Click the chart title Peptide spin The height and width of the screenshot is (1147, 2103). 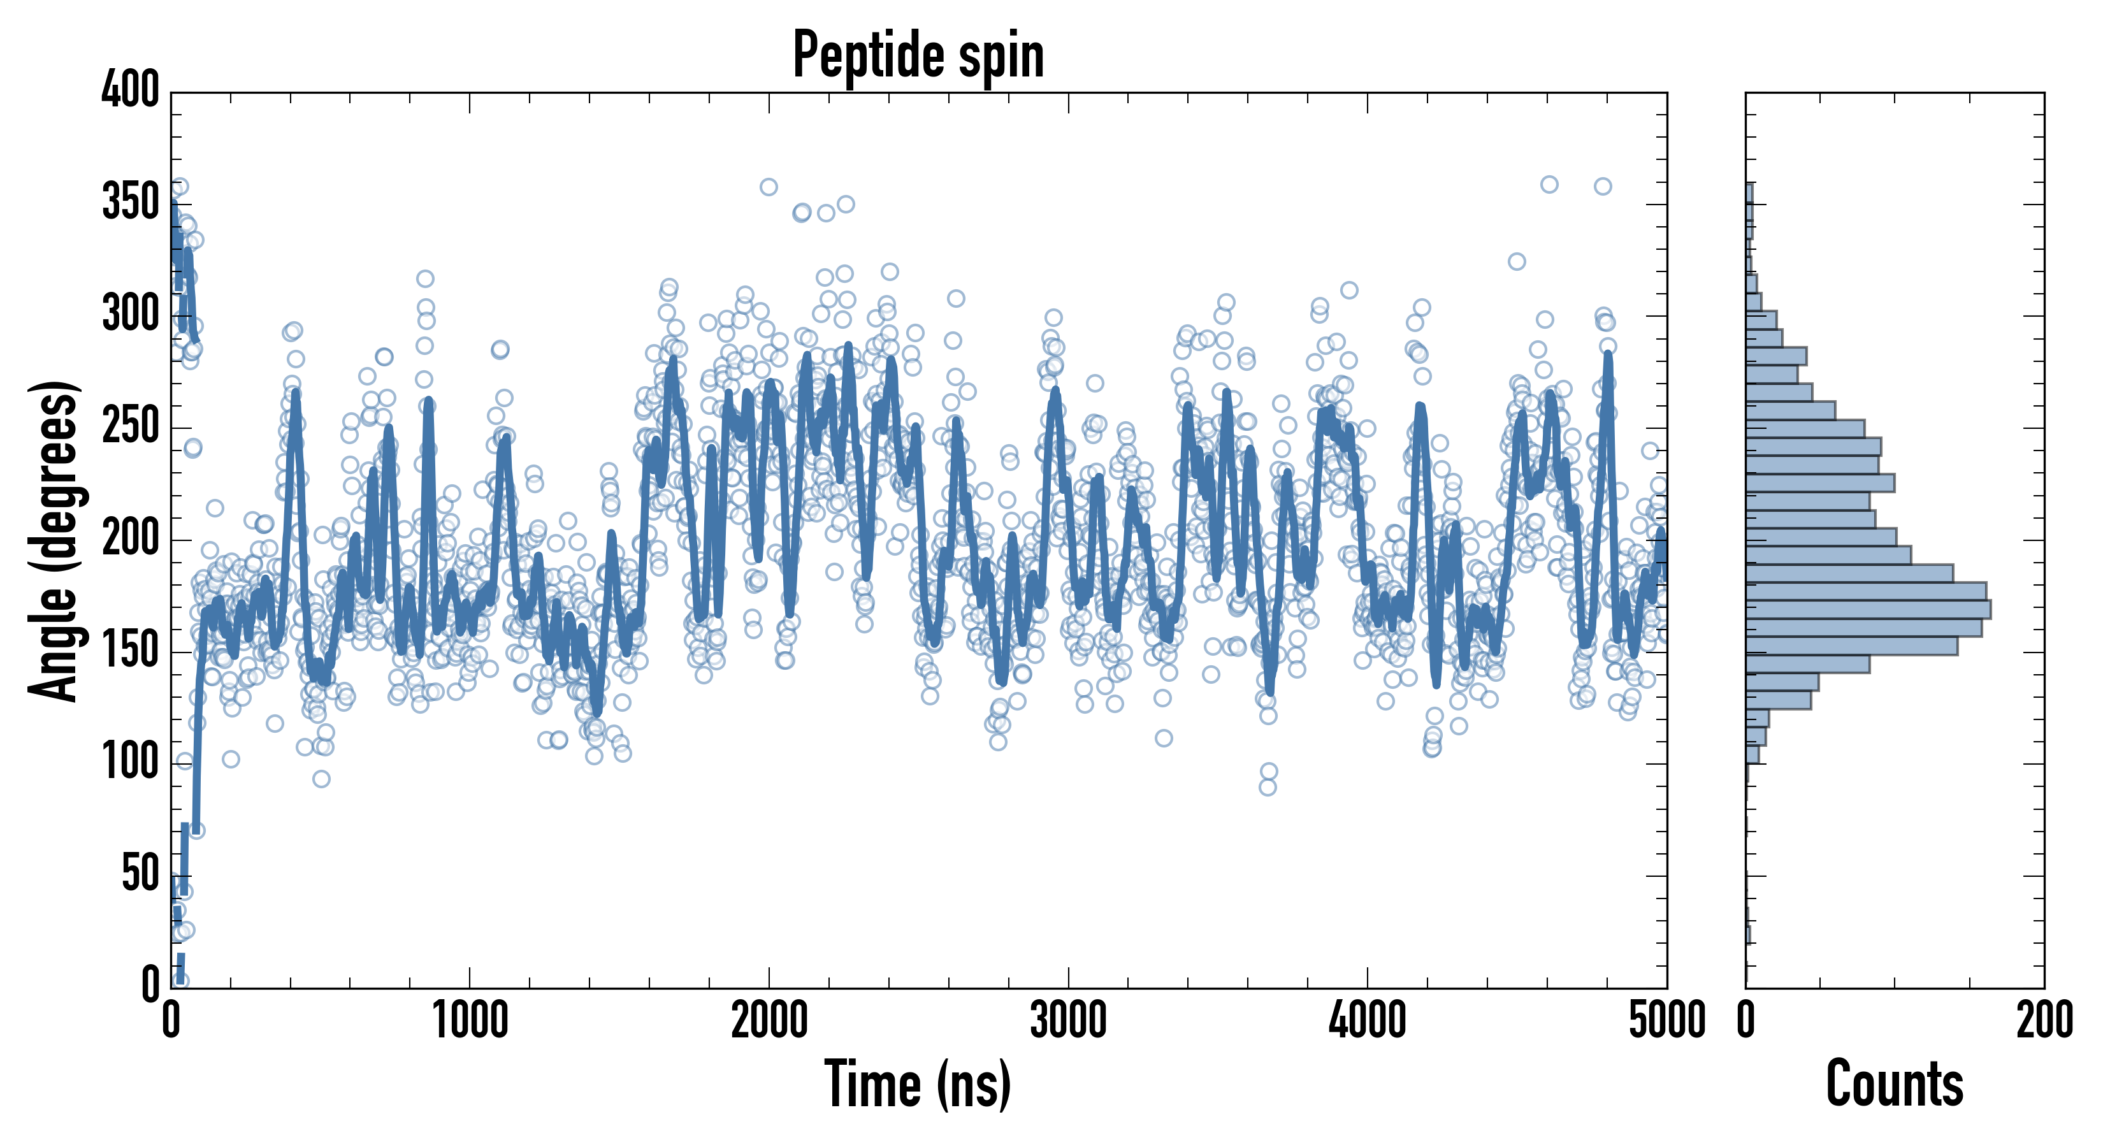(918, 55)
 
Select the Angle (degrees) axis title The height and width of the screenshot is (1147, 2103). (54, 540)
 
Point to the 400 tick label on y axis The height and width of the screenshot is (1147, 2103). (130, 90)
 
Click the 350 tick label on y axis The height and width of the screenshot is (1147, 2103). (130, 203)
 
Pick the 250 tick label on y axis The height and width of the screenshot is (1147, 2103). (130, 426)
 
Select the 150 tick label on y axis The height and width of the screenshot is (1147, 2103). (130, 651)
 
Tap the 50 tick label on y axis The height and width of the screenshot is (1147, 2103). (140, 874)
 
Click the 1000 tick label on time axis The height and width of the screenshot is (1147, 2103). (470, 1020)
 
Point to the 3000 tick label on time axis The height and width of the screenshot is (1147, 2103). (1068, 1020)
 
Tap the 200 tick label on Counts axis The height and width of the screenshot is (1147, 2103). (2044, 1020)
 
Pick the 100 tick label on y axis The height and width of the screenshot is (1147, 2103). (130, 763)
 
